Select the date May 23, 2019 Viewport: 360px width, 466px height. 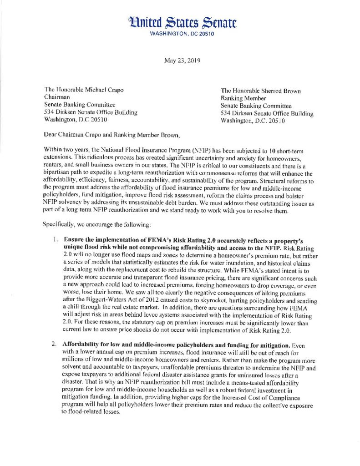(180, 60)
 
